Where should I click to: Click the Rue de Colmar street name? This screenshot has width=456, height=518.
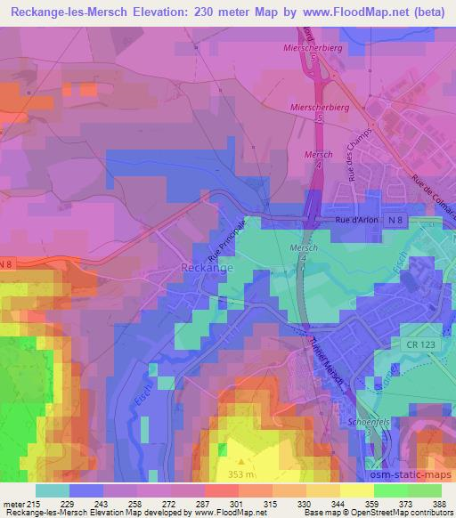pos(432,200)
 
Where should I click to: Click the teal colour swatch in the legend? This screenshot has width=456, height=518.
pos(53,490)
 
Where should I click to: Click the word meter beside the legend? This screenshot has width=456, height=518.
pos(13,504)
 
